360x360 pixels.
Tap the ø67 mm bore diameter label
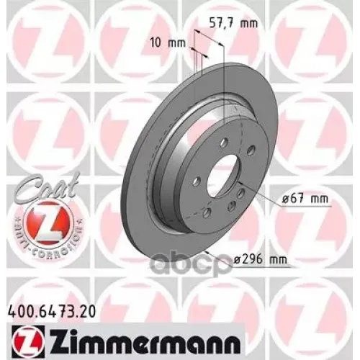point(294,197)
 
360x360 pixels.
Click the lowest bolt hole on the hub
point(207,212)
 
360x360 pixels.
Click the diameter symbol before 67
point(279,197)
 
